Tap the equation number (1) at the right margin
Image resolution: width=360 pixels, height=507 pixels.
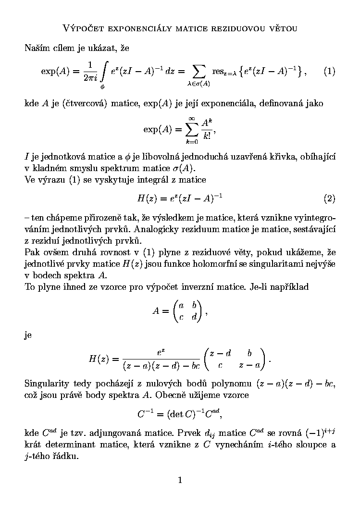coord(329,72)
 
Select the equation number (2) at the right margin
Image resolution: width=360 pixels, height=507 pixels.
coord(329,198)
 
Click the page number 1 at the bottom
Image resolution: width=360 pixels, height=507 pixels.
coord(180,480)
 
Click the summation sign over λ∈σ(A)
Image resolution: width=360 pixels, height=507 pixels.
coord(198,72)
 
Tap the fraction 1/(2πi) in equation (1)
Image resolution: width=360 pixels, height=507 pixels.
coord(89,72)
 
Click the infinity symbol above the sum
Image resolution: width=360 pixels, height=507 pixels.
coord(192,118)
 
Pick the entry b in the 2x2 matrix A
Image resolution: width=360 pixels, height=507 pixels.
coord(194,305)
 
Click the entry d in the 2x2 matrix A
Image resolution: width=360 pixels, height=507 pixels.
coord(194,317)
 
